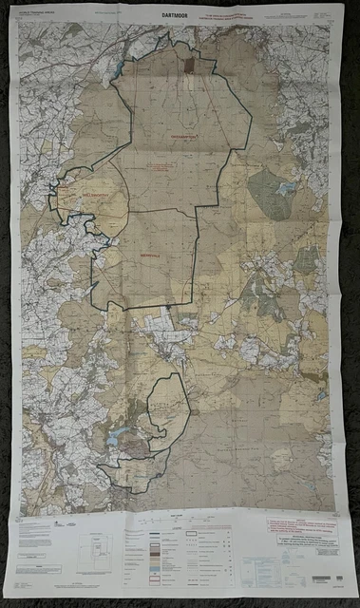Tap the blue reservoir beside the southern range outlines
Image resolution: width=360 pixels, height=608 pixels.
[117, 438]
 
